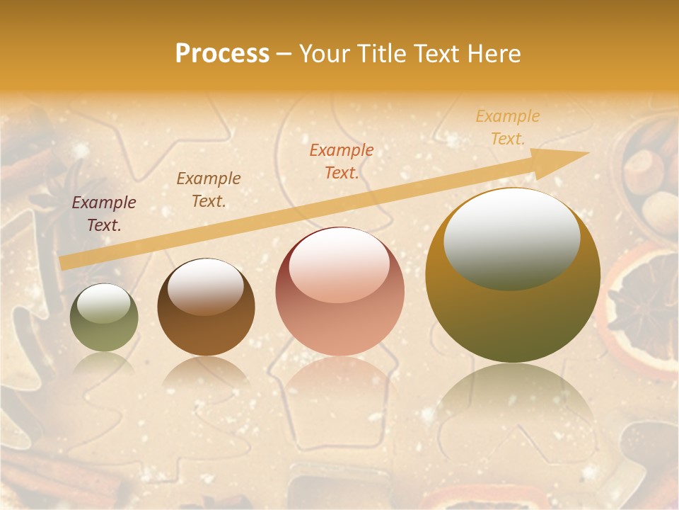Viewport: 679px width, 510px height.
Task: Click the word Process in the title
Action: [222, 54]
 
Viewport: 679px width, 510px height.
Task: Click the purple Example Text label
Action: [104, 214]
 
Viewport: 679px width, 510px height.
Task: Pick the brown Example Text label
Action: [209, 190]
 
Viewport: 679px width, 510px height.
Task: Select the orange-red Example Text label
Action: [342, 161]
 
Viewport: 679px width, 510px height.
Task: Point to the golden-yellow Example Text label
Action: [508, 127]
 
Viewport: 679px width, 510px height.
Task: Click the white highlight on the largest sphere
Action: [511, 237]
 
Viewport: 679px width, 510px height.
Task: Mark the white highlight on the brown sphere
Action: [206, 285]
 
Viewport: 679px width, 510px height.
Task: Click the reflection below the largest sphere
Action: [513, 404]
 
